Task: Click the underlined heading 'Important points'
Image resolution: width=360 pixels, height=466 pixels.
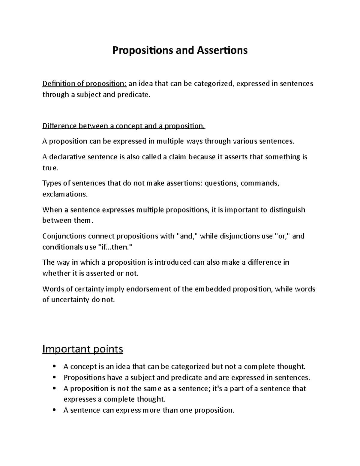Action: click(83, 349)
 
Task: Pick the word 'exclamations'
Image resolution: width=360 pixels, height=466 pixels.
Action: click(65, 194)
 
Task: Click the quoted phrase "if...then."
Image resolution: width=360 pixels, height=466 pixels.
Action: click(115, 247)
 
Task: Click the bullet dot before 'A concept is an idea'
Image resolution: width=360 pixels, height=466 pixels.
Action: click(54, 366)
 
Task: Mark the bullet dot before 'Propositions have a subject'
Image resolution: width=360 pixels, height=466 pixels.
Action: click(54, 377)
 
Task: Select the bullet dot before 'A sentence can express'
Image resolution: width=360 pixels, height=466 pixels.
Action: click(54, 410)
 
